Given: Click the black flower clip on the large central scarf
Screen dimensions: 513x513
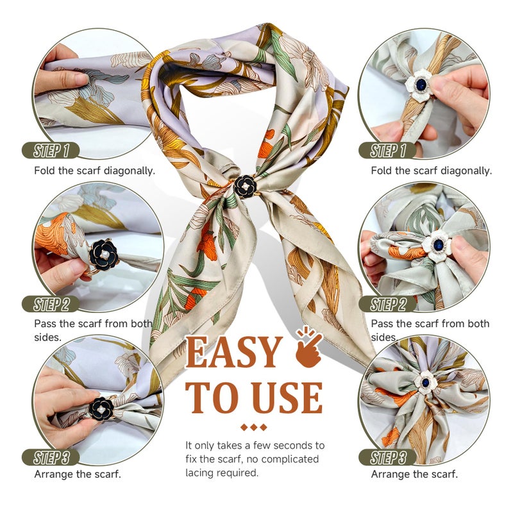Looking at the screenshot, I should pyautogui.click(x=244, y=187).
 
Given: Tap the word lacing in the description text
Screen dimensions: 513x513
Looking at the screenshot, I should pyautogui.click(x=200, y=473).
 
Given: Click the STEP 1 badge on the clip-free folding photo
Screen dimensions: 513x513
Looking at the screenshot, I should pyautogui.click(x=51, y=151).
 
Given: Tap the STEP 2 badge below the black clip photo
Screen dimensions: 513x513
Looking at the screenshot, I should pyautogui.click(x=51, y=304).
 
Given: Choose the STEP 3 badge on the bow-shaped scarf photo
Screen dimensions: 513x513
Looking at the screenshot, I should pyautogui.click(x=388, y=457).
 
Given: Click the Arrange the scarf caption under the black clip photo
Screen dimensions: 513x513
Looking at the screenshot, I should pyautogui.click(x=77, y=475).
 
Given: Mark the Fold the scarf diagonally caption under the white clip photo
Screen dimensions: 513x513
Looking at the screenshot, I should pyautogui.click(x=431, y=171).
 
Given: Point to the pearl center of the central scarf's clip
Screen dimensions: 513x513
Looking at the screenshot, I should pyautogui.click(x=244, y=187).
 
